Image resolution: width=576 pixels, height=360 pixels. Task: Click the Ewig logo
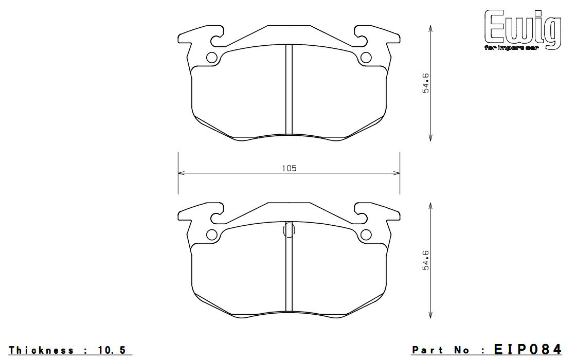click(523, 29)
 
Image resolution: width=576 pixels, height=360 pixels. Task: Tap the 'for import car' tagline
click(511, 48)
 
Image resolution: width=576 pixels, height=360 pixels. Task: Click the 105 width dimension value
click(289, 168)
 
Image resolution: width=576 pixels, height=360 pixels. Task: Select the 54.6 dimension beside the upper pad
click(426, 83)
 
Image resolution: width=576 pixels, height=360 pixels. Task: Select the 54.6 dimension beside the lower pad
click(426, 260)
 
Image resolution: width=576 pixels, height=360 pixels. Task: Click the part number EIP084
click(528, 349)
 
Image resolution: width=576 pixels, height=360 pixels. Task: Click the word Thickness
click(42, 350)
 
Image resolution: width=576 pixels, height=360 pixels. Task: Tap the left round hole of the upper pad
click(212, 58)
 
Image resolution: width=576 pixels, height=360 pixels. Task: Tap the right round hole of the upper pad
click(366, 58)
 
